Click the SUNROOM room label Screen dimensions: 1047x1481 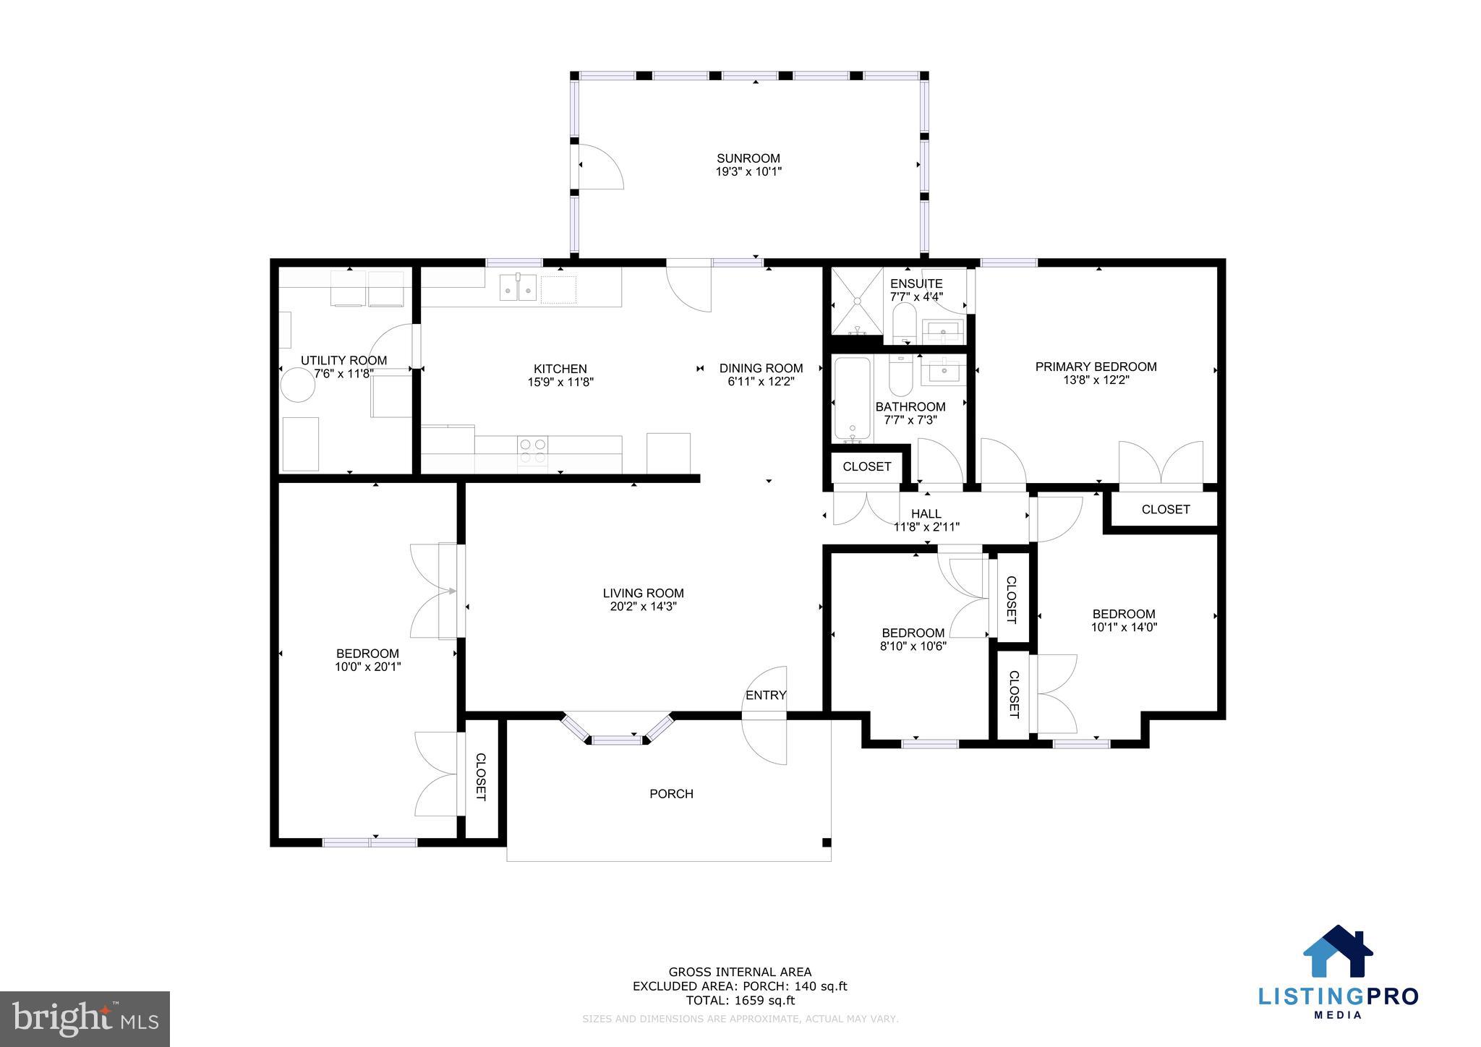coord(748,158)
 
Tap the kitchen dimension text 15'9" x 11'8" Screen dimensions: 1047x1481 coord(560,383)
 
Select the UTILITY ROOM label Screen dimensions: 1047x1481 coord(343,360)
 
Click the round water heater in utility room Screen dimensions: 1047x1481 coord(298,385)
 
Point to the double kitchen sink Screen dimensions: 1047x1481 coord(518,287)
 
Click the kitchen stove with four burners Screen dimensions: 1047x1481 coord(532,451)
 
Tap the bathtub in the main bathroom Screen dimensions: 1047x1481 coord(853,400)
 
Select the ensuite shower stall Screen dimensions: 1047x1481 coord(857,302)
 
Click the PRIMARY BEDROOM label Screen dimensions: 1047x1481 coord(1096,367)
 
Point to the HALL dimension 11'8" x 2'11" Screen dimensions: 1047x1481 coord(926,527)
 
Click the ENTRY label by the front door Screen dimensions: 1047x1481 coord(766,695)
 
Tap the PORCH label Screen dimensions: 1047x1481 coord(671,793)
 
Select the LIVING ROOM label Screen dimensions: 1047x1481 coord(643,593)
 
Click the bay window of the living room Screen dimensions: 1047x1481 coord(618,732)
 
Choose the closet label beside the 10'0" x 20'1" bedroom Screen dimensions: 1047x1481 coord(480,777)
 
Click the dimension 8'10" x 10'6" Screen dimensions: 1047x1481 coord(913,646)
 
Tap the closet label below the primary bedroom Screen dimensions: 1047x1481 coord(1165,509)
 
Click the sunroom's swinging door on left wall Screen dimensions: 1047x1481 coord(600,166)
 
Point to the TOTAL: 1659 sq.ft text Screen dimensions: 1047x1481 coord(740,1001)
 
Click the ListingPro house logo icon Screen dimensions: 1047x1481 coord(1338,952)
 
